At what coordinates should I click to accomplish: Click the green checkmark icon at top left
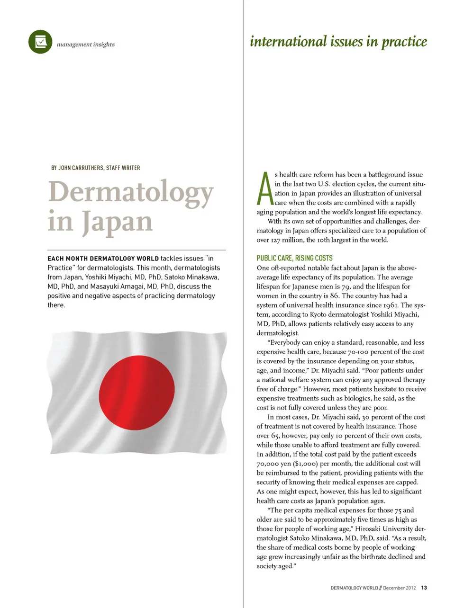pyautogui.click(x=40, y=42)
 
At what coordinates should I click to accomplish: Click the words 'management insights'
pyautogui.click(x=85, y=45)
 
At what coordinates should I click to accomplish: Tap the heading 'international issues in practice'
pyautogui.click(x=338, y=42)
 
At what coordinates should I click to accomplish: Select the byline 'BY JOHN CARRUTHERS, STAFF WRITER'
pyautogui.click(x=95, y=168)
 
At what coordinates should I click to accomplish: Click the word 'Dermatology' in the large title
pyautogui.click(x=131, y=193)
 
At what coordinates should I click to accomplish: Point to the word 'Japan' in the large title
pyautogui.click(x=117, y=222)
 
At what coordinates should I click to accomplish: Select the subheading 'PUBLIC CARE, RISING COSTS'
pyautogui.click(x=294, y=258)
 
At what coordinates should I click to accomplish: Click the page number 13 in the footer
pyautogui.click(x=424, y=588)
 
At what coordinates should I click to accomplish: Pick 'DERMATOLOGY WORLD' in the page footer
pyautogui.click(x=354, y=588)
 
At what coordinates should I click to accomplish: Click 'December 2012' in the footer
pyautogui.click(x=399, y=588)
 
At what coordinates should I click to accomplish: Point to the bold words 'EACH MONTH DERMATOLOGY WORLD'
pyautogui.click(x=103, y=259)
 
